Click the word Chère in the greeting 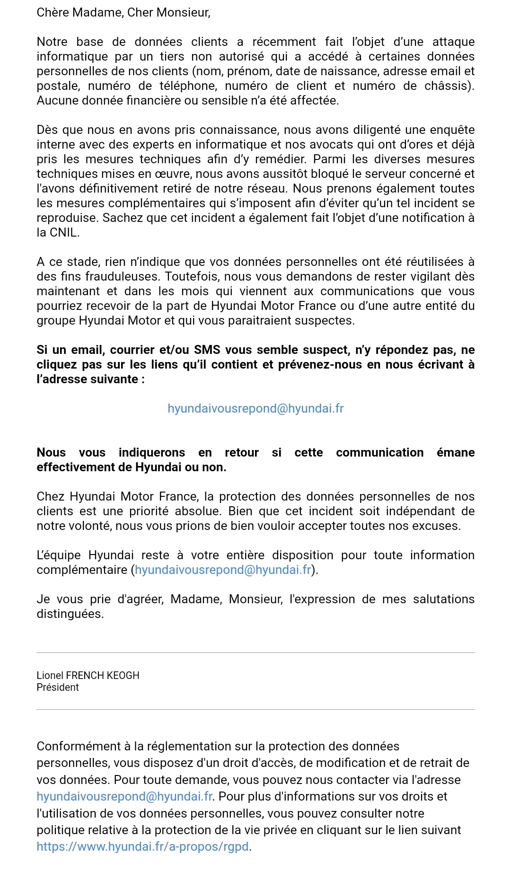click(53, 12)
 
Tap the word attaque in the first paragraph click(453, 42)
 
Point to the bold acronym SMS click(207, 350)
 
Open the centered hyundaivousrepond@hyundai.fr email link click(255, 408)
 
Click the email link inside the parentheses click(223, 570)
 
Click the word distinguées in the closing click(70, 614)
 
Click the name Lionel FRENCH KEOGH click(88, 675)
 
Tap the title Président click(58, 687)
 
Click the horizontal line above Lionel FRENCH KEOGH click(255, 653)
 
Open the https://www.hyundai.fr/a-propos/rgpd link click(142, 846)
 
